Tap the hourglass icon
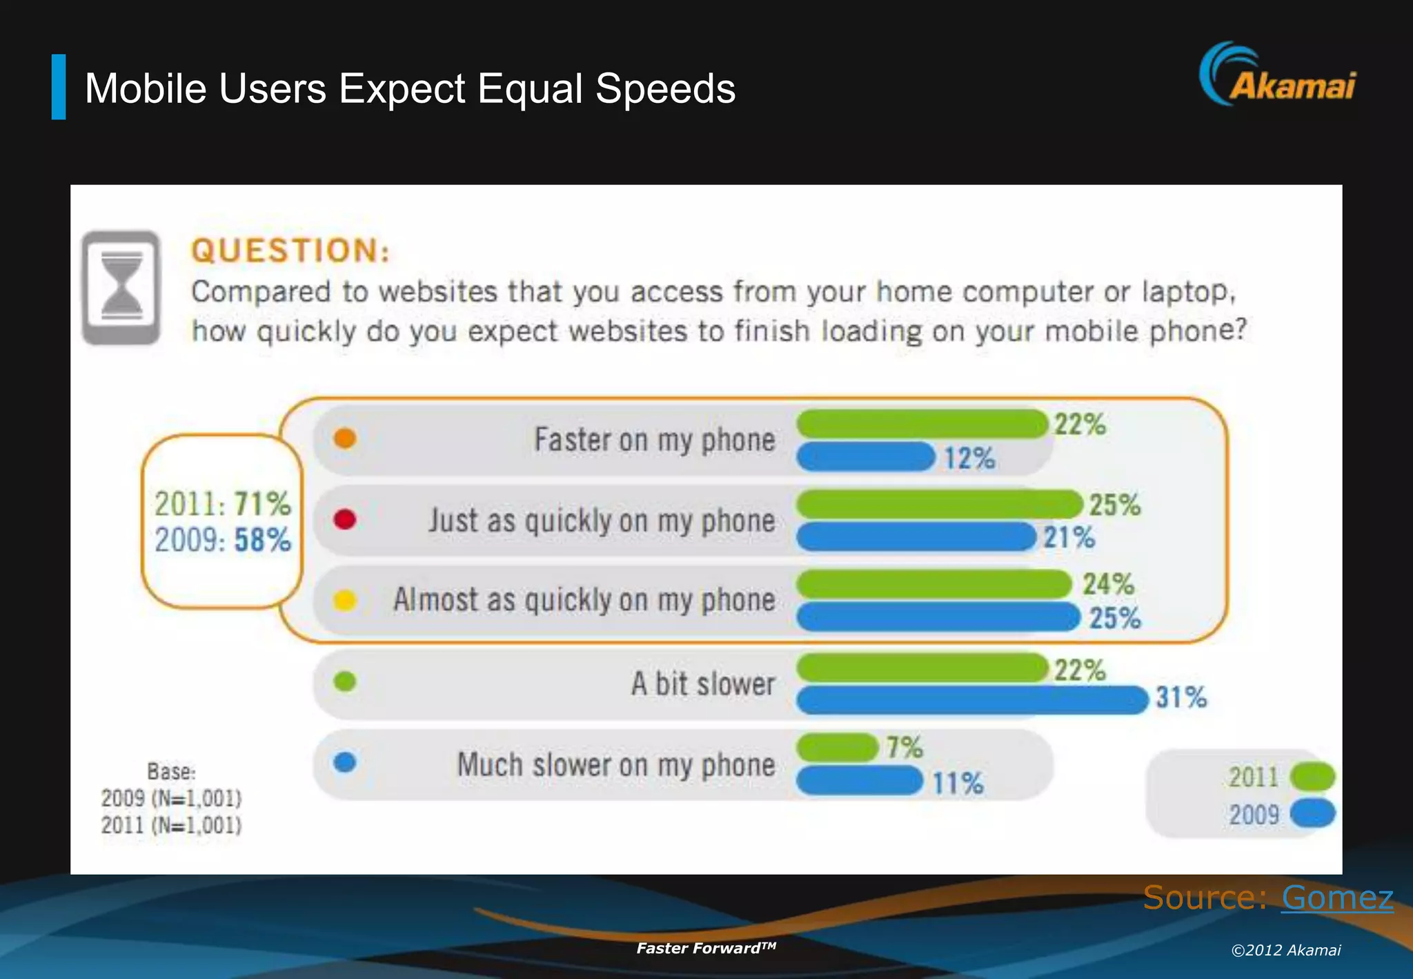[x=121, y=287]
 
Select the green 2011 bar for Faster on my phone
[x=922, y=423]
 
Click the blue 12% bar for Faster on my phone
[x=866, y=457]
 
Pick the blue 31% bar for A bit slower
[x=971, y=699]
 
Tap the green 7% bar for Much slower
[x=837, y=747]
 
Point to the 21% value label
[x=1069, y=538]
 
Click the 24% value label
[x=1108, y=584]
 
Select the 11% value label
[x=958, y=783]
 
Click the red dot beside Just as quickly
[x=344, y=519]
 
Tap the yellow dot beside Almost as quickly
[x=344, y=600]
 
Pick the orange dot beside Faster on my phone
[x=344, y=438]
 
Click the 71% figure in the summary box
[x=262, y=504]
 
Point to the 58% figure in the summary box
[x=262, y=540]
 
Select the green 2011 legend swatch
[x=1312, y=777]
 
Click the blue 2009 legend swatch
[x=1312, y=813]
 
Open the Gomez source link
[x=1337, y=898]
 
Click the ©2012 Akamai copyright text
[x=1286, y=950]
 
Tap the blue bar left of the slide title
[x=59, y=87]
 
